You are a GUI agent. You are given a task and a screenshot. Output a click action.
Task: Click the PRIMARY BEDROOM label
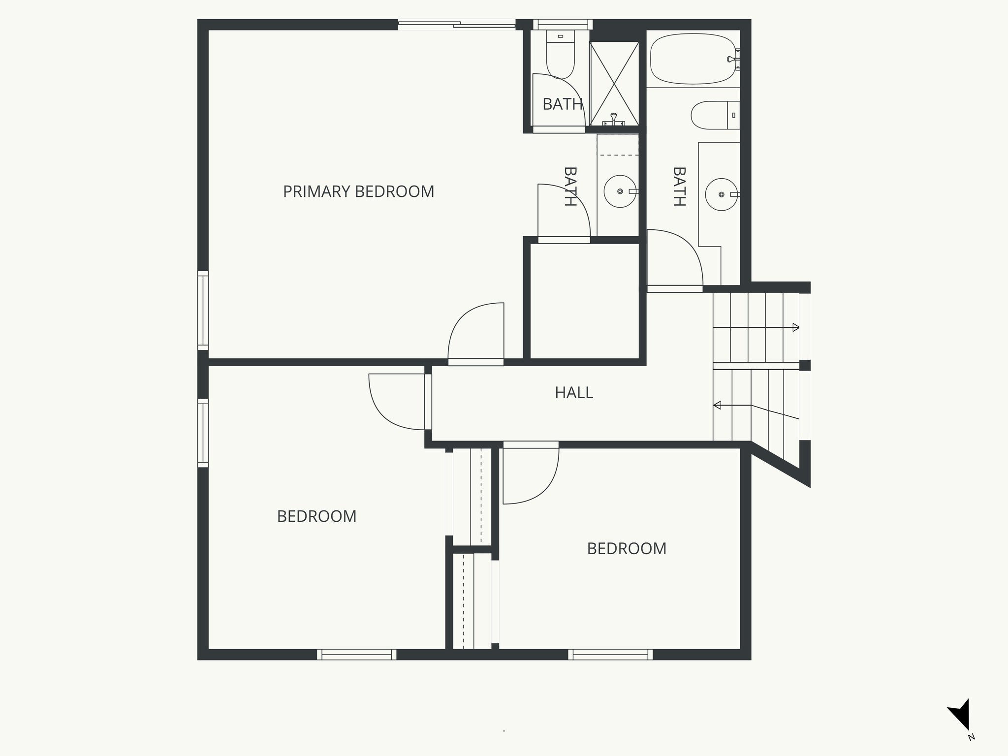tap(358, 191)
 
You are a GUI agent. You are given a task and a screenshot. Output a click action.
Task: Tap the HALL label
tap(574, 393)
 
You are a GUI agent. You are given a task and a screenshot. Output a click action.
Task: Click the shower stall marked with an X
tap(614, 84)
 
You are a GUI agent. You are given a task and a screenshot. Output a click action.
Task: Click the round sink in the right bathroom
tap(721, 194)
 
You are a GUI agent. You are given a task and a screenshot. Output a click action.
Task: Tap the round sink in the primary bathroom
tap(620, 191)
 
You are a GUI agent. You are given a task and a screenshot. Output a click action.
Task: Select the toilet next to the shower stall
tap(561, 54)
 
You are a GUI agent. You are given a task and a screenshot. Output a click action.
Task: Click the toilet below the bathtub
tap(714, 115)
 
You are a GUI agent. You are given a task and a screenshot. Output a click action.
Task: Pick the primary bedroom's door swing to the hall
tap(475, 332)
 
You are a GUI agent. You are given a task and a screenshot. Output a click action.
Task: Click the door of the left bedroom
tap(397, 401)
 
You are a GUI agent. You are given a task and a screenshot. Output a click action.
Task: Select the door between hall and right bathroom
tap(674, 258)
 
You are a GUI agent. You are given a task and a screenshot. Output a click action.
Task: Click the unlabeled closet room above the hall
tap(584, 301)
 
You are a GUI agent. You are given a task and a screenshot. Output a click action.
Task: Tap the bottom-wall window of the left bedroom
tap(356, 654)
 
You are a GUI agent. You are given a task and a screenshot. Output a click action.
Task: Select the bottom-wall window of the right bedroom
tap(610, 654)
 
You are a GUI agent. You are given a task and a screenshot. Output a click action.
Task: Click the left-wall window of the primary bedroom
tap(203, 310)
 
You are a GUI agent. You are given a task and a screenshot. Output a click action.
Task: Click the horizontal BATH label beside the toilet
tap(562, 104)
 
